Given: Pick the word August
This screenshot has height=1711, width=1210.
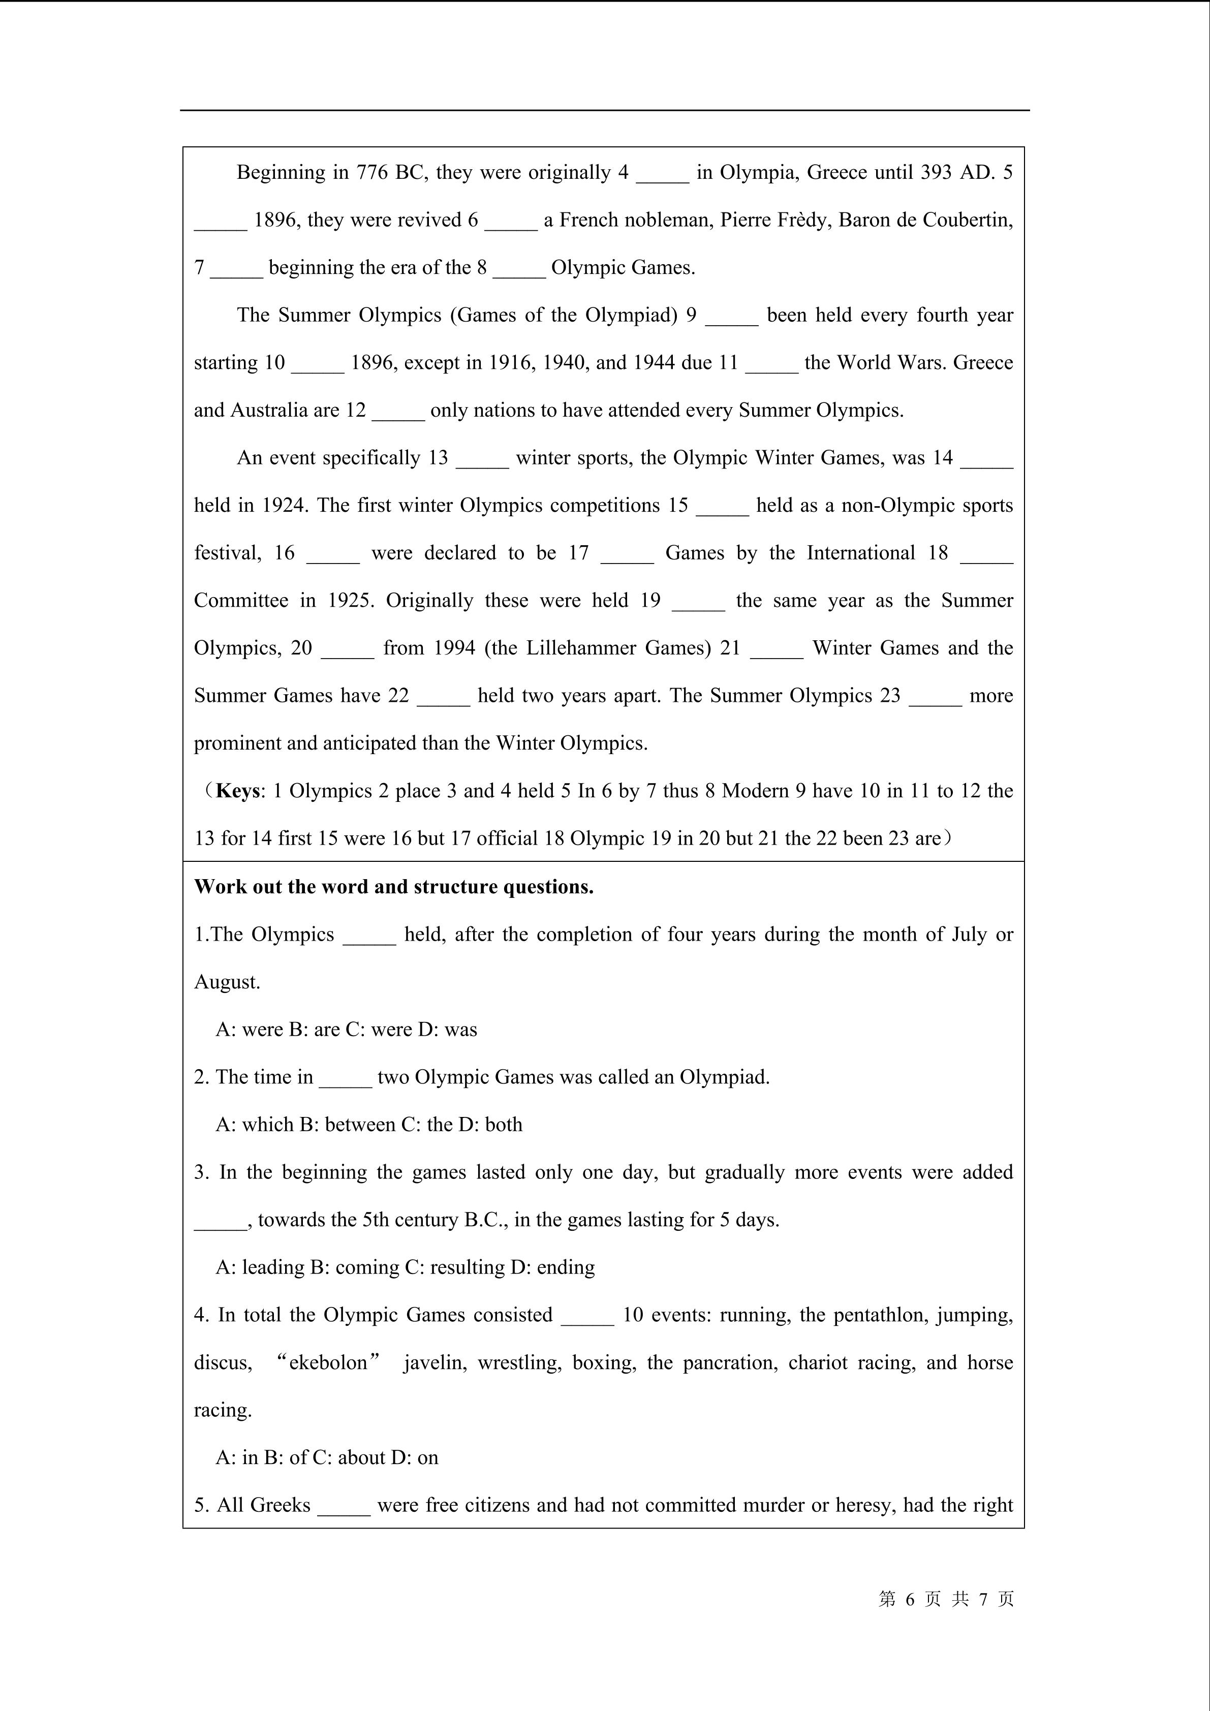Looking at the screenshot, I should (x=227, y=983).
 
